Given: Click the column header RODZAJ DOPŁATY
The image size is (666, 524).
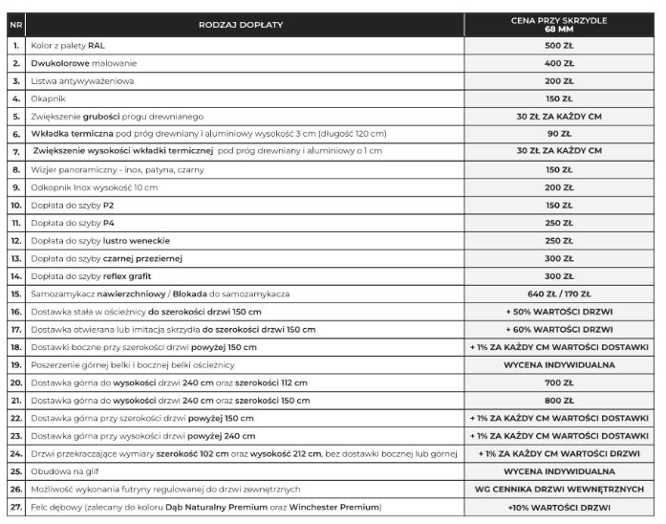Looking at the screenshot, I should tap(242, 23).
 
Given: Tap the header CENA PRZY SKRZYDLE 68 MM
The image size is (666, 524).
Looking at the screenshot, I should tap(559, 23).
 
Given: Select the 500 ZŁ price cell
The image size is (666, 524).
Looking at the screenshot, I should tap(559, 45).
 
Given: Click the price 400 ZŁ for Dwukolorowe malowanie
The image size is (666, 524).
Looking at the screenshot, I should tap(559, 63).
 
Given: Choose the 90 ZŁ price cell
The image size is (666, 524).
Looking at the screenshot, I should tap(559, 133).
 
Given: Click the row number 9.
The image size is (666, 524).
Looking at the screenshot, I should tap(16, 186).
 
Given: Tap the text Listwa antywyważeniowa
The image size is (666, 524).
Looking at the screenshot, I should tap(82, 80).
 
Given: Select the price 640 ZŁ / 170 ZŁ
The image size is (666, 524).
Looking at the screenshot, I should tap(559, 294).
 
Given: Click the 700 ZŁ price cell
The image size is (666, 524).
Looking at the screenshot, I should tap(559, 382).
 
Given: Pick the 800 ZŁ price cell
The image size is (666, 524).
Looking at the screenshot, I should tap(559, 400).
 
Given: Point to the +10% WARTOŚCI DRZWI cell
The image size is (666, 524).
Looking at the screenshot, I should tap(559, 507).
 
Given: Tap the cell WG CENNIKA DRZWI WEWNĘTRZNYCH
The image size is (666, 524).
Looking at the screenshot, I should tap(559, 489).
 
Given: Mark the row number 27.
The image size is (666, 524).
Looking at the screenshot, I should tap(16, 507).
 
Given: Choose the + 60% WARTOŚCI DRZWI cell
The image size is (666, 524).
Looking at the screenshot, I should tap(559, 329).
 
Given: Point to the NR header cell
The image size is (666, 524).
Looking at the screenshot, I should tap(16, 23).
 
